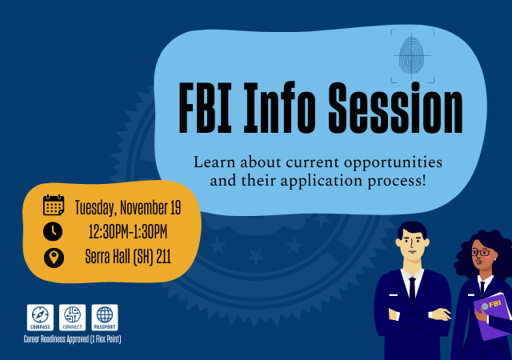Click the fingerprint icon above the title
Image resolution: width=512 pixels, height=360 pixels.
pos(412,55)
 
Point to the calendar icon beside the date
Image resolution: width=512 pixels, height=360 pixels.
pos(54,206)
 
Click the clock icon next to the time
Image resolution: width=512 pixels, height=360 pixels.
pos(54,232)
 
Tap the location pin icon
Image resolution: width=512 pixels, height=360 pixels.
pos(54,258)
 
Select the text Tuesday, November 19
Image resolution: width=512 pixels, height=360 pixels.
pos(127,208)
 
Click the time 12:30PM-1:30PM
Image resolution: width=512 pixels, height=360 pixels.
pos(128,233)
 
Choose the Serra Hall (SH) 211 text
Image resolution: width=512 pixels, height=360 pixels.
pos(128,258)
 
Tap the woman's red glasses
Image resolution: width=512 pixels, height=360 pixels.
pos(481,253)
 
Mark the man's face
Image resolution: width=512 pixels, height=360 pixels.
pos(412,250)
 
